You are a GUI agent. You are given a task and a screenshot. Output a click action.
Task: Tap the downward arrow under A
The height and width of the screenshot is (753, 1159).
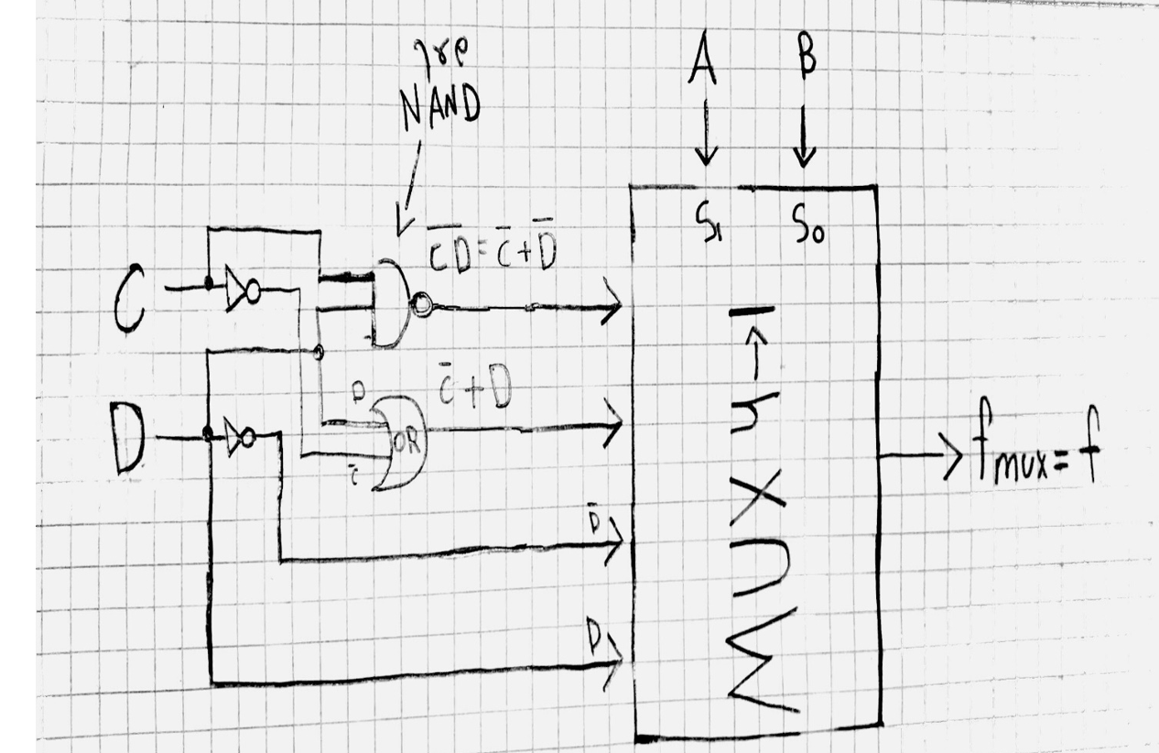pyautogui.click(x=703, y=137)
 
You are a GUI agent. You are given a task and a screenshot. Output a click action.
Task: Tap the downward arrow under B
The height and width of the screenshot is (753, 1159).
pyautogui.click(x=804, y=137)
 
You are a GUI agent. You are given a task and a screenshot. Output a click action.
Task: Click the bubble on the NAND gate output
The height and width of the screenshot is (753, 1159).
pyautogui.click(x=421, y=306)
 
